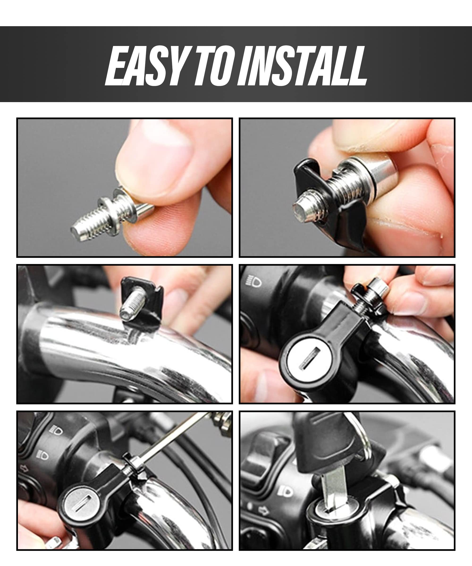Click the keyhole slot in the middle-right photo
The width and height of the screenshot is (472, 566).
tap(310, 359)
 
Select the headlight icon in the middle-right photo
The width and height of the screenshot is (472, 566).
tap(253, 281)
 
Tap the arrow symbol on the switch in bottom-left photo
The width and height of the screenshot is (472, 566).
tap(24, 469)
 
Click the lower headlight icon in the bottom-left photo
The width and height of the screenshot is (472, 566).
tap(43, 455)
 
